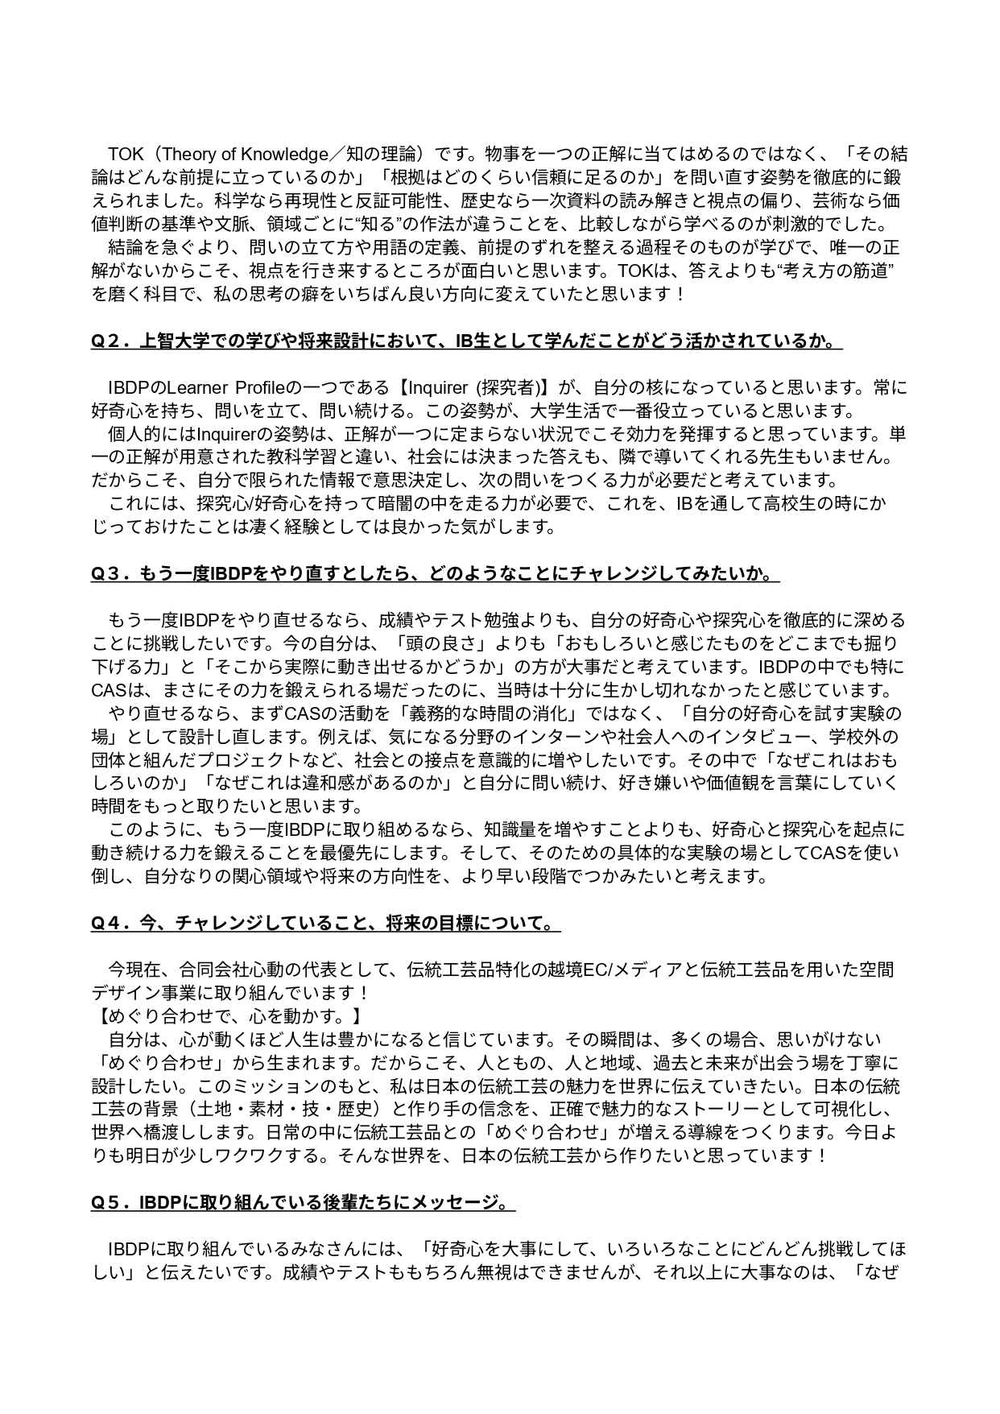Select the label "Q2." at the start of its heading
point(109,341)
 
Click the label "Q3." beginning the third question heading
point(109,574)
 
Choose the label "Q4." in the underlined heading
point(109,923)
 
